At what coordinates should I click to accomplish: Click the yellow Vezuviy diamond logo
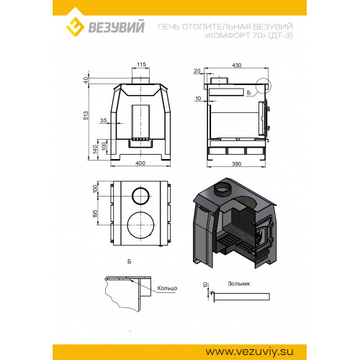(75, 27)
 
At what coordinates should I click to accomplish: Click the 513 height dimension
(86, 115)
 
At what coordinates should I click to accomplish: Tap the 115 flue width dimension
(142, 64)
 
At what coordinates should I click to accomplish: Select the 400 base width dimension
(140, 163)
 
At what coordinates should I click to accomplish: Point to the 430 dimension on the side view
(237, 66)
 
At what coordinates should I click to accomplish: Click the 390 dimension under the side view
(236, 164)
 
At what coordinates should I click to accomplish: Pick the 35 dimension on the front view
(103, 120)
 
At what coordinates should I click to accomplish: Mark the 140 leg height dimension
(95, 149)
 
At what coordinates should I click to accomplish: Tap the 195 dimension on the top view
(95, 214)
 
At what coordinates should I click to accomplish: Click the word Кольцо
(167, 288)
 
